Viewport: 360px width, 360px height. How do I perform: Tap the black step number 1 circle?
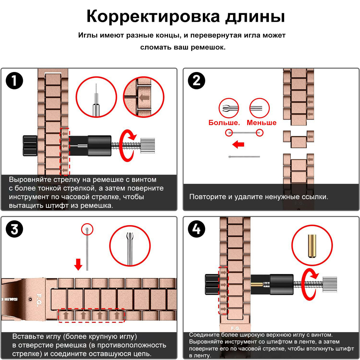(14, 81)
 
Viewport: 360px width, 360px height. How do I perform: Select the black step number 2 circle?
(196, 81)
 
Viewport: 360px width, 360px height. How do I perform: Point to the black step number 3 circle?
(14, 229)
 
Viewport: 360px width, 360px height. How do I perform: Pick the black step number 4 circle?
(196, 229)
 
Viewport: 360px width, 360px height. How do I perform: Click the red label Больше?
(224, 123)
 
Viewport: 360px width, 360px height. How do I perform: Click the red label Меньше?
(262, 123)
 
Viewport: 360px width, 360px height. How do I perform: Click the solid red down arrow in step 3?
(78, 264)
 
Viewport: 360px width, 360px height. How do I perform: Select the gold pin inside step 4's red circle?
(312, 246)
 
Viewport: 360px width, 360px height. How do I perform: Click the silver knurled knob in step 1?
(148, 146)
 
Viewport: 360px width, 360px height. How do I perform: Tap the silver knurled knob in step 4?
(330, 284)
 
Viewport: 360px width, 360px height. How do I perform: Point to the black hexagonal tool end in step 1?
(30, 146)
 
